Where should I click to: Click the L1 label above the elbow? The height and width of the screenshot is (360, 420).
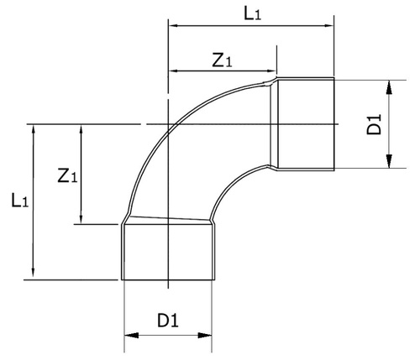click(x=253, y=13)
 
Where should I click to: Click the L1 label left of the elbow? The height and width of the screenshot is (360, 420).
click(x=19, y=201)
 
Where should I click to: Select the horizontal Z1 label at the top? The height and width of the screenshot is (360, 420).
click(x=222, y=60)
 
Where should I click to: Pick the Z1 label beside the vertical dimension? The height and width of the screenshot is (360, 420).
click(x=67, y=176)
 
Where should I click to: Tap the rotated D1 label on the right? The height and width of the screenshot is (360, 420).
click(x=374, y=124)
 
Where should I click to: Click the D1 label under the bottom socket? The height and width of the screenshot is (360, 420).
click(x=168, y=321)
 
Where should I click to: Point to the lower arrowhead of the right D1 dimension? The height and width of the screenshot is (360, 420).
click(x=389, y=161)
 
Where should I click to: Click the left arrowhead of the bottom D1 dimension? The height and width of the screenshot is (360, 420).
click(x=131, y=335)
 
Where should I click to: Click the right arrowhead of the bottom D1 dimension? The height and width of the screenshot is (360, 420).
click(x=205, y=335)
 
